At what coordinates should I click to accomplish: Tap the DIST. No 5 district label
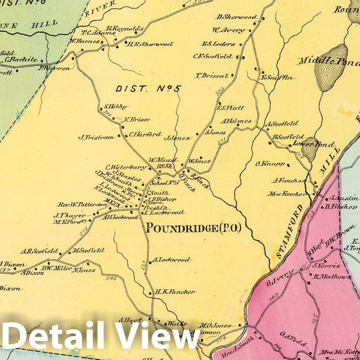click(149, 89)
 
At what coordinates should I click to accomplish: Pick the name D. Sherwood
click(237, 17)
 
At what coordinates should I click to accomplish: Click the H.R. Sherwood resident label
click(149, 44)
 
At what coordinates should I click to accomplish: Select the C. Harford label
click(146, 134)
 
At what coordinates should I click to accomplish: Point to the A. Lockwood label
click(172, 260)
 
